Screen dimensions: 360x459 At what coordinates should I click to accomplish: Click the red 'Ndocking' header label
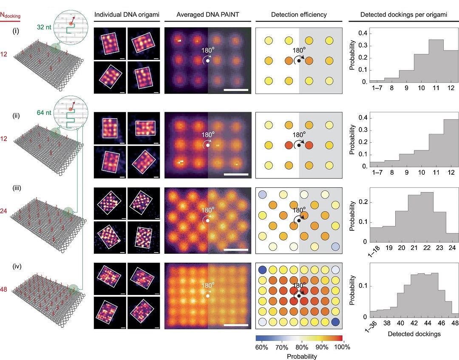11,16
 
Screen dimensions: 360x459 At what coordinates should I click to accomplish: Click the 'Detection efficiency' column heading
299,15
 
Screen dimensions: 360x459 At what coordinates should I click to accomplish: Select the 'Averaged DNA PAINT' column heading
207,15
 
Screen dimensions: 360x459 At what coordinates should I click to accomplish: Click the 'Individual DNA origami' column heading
127,15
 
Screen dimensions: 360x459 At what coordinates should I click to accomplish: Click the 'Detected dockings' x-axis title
414,334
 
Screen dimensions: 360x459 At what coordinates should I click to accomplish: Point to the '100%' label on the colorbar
343,347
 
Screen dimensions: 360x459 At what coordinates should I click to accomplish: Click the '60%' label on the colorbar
261,347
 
